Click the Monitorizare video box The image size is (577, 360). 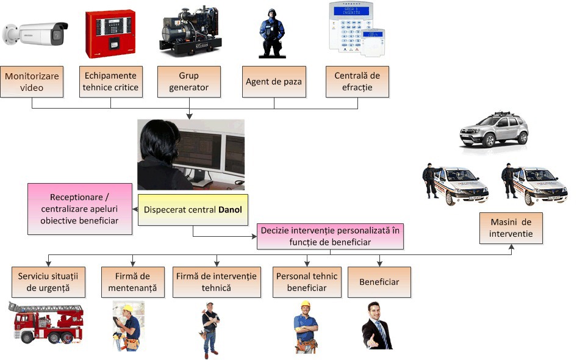coord(32,82)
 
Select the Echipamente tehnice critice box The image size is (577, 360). coord(110,82)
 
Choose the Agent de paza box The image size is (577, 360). coord(273,82)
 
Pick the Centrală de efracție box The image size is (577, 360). coord(357,82)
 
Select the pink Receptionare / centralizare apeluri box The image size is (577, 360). coord(81,209)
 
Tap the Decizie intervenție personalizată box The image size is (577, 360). coord(329,237)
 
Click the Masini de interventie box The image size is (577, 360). coord(511,228)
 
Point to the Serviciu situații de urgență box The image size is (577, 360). coord(49,281)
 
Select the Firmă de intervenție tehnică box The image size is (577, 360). coord(216,281)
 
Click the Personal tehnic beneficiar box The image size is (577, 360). coord(307,281)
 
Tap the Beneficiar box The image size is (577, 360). coord(379,282)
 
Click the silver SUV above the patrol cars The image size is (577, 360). coord(494,130)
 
